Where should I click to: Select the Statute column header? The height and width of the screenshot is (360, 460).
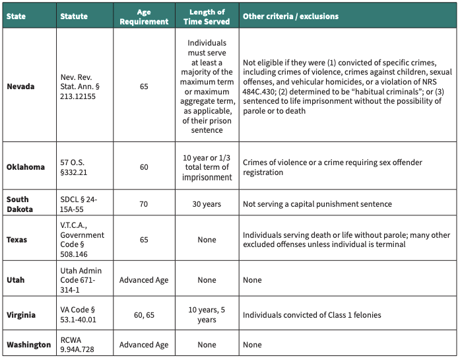pyautogui.click(x=73, y=16)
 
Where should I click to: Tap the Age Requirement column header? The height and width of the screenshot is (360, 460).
pyautogui.click(x=144, y=17)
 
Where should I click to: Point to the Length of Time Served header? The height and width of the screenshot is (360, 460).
pyautogui.click(x=207, y=17)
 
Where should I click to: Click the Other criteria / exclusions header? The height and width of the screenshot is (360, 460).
pyautogui.click(x=290, y=16)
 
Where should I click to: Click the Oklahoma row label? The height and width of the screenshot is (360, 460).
pyautogui.click(x=26, y=167)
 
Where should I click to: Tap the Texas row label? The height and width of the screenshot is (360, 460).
pyautogui.click(x=17, y=240)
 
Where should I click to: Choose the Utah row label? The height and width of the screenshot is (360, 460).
pyautogui.click(x=16, y=279)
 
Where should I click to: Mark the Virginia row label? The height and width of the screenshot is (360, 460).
pyautogui.click(x=22, y=314)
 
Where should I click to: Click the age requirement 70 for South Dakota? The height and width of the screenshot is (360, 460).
pyautogui.click(x=144, y=204)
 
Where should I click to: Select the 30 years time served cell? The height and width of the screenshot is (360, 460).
pyautogui.click(x=207, y=204)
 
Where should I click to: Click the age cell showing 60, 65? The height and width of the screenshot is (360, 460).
pyautogui.click(x=144, y=314)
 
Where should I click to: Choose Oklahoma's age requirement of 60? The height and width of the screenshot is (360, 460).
pyautogui.click(x=144, y=167)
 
